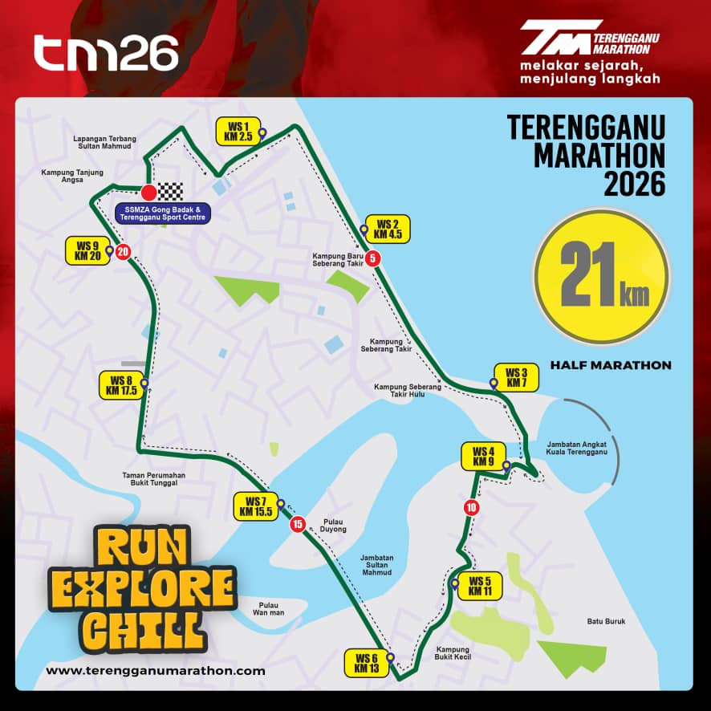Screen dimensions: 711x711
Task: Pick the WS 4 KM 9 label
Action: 483,456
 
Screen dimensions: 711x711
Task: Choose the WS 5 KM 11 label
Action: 480,587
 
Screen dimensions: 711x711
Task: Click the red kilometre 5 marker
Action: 373,258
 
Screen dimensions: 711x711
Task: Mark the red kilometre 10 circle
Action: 470,507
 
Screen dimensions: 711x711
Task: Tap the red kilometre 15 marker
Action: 298,526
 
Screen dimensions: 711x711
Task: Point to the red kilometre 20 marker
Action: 122,252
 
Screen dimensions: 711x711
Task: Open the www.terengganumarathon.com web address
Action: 156,671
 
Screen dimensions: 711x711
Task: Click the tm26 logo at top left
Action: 106,55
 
